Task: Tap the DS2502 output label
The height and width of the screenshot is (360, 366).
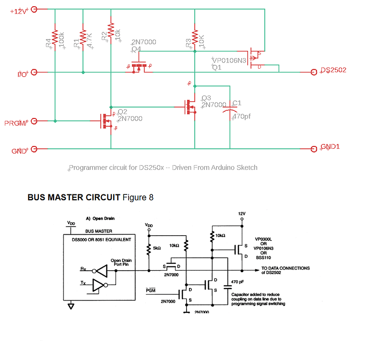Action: [333, 70]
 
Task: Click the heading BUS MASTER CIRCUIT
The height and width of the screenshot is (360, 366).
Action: [73, 197]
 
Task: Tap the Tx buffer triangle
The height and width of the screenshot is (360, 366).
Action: [97, 287]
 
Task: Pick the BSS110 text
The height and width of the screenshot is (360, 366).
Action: [264, 257]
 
